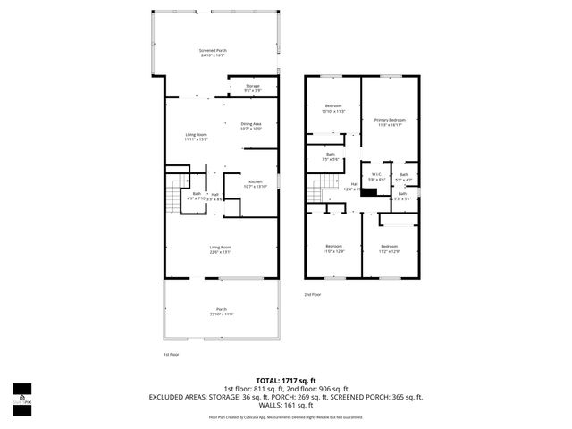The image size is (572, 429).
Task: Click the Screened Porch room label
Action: coord(213,54)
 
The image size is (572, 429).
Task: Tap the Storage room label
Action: coord(253,88)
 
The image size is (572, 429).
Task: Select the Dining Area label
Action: coord(251,126)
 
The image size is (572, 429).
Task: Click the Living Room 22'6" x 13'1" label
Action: coord(221,249)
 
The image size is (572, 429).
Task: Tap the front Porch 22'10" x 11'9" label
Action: coord(221,312)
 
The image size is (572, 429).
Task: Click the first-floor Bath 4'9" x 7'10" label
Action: coord(197,196)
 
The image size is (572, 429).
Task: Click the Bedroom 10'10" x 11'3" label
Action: coord(332,108)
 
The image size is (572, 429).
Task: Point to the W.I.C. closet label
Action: coord(377,177)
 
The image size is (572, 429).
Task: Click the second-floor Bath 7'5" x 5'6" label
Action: coord(331,157)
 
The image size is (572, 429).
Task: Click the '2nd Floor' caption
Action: coord(312,294)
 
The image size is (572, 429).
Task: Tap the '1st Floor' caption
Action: coord(172,354)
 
